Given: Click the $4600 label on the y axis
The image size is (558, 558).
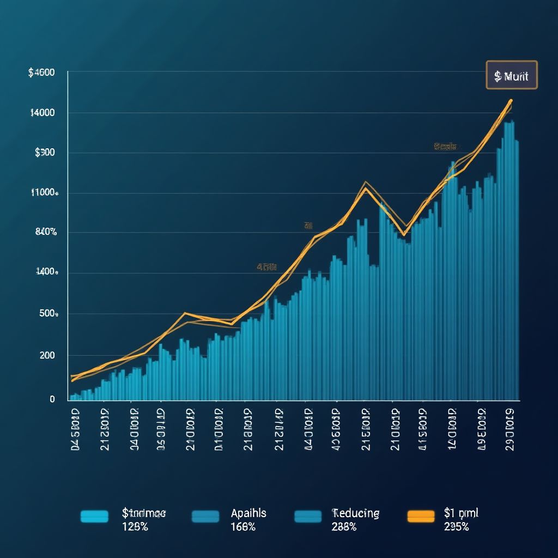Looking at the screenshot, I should [41, 72].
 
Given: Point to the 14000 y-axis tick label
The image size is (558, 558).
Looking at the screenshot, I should [43, 113].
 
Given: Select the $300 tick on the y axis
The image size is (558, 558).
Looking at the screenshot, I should [45, 153].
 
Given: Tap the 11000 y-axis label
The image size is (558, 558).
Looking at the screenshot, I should [44, 192].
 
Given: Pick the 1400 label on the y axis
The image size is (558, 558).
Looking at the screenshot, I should [46, 272].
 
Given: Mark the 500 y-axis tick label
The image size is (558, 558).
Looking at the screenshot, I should [48, 314].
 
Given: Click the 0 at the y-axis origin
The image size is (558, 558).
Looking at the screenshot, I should [52, 399].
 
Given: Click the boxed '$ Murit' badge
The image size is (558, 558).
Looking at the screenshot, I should [511, 75].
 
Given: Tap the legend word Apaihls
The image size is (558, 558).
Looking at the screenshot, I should [248, 513].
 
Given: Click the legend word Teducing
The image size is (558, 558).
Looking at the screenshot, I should [355, 513].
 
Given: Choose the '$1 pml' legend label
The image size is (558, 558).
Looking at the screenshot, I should [461, 513].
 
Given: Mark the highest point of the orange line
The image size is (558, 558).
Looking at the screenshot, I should [511, 100].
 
